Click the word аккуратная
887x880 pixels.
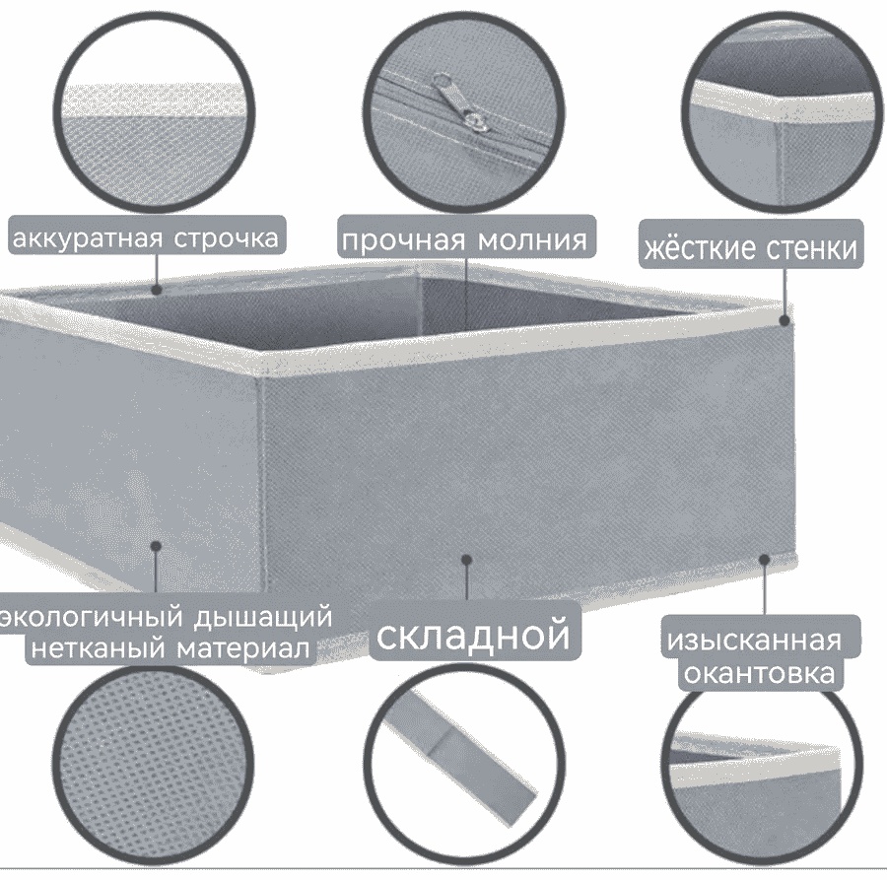point(89,238)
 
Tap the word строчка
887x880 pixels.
point(227,238)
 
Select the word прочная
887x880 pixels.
point(404,240)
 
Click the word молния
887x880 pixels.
point(533,240)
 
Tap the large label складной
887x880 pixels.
point(473,635)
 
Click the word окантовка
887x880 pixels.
point(759,673)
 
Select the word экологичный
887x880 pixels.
point(92,617)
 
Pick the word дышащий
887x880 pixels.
point(262,617)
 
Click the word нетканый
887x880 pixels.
point(100,648)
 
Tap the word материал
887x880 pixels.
point(243,648)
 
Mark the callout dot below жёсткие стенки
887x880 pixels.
point(785,320)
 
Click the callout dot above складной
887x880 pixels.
point(467,560)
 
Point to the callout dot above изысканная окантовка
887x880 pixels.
point(764,560)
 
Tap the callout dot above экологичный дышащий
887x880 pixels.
point(156,546)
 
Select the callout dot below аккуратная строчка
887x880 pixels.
point(157,290)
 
